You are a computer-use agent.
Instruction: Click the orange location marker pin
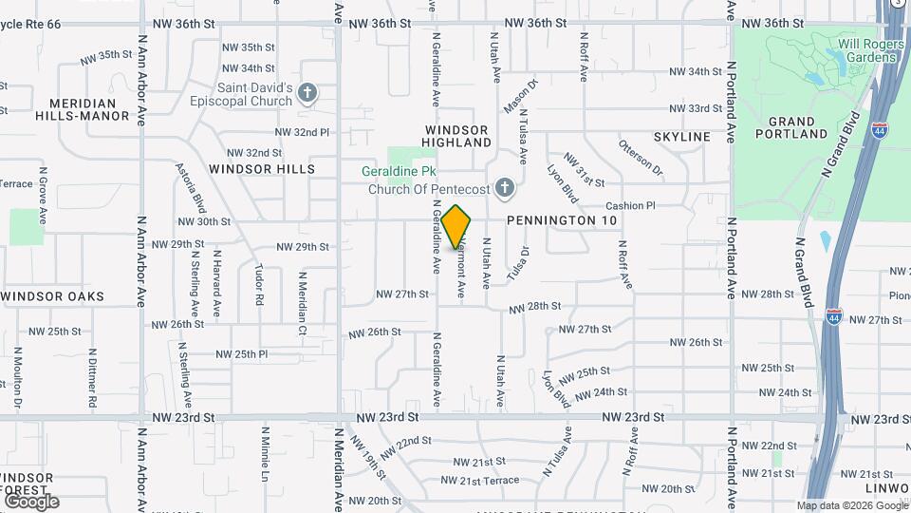click(456, 226)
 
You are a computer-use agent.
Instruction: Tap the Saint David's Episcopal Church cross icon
click(307, 92)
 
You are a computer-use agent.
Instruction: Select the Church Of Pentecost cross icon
click(505, 188)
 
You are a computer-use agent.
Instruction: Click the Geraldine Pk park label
click(426, 172)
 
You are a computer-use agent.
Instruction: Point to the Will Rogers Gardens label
click(859, 50)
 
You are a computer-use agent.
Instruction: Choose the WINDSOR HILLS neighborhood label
click(262, 169)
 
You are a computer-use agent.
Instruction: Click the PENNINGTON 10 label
click(562, 220)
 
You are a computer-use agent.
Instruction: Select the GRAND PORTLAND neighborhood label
click(791, 127)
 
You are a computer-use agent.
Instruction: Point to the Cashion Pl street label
click(631, 205)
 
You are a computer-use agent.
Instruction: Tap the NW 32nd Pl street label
click(302, 132)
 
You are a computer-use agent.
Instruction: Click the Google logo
click(31, 502)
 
